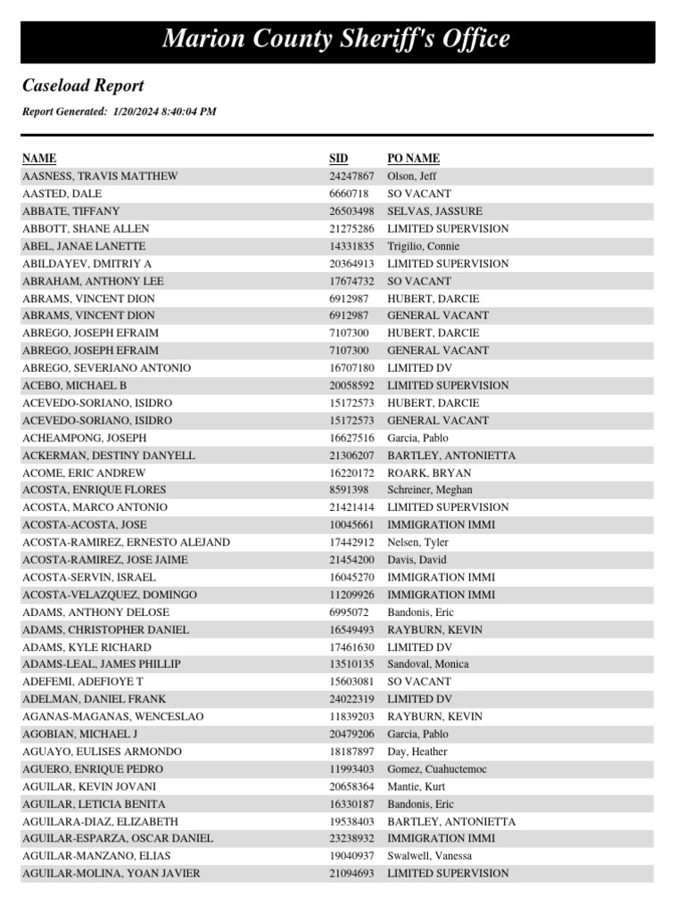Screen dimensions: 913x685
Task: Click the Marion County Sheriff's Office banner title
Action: coord(336,40)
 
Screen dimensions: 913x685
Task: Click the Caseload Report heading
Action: coord(83,86)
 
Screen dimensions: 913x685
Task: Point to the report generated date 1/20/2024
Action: coord(134,112)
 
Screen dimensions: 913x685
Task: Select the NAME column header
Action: coord(38,159)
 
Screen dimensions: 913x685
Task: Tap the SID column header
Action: coord(338,159)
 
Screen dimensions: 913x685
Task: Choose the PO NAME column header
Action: coord(413,159)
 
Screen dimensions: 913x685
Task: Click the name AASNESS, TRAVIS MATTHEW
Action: coord(100,177)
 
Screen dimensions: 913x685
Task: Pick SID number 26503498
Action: coord(351,211)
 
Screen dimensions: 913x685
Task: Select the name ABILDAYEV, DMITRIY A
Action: coord(87,264)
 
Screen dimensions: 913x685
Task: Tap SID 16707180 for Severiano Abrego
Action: coord(351,368)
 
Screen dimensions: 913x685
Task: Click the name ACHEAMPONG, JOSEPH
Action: coord(84,438)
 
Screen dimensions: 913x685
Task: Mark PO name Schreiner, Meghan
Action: coord(430,490)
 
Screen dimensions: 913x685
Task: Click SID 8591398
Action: coord(349,490)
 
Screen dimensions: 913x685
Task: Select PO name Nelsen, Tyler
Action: coord(417,542)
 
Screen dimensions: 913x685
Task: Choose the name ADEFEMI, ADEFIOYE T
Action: coord(83,682)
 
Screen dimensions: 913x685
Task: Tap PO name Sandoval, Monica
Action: coord(428,664)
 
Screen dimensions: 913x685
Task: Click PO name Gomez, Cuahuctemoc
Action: coord(437,769)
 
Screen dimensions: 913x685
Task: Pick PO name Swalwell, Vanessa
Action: coord(430,856)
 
